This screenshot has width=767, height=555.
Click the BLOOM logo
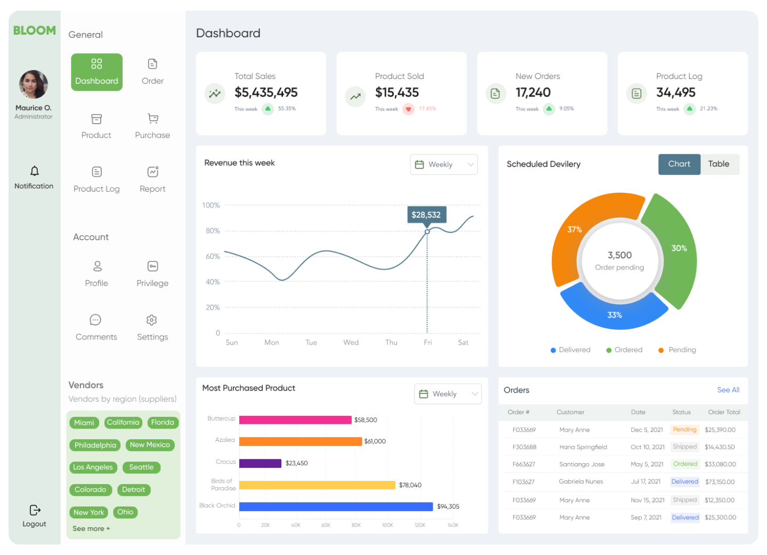35,30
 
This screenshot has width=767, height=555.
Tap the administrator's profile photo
34,84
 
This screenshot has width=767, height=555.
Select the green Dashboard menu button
96,72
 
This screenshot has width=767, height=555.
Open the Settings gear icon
152,320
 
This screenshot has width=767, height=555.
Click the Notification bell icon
34,171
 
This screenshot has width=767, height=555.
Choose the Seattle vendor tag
141,467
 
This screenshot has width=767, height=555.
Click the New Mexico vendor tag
150,445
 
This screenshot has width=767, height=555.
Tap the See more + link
91,529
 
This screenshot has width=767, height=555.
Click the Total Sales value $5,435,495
266,93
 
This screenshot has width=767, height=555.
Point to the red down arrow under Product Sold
408,109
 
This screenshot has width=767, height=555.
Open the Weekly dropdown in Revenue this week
443,164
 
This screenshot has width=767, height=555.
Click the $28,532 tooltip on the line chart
426,215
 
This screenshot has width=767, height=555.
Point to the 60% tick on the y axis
213,257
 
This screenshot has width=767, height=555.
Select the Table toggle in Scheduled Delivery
718,164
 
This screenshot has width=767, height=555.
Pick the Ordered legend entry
624,350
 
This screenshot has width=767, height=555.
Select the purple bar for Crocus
260,463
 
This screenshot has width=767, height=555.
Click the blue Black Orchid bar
336,506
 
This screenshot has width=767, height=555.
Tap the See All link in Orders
728,390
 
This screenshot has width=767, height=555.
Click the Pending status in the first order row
684,430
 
